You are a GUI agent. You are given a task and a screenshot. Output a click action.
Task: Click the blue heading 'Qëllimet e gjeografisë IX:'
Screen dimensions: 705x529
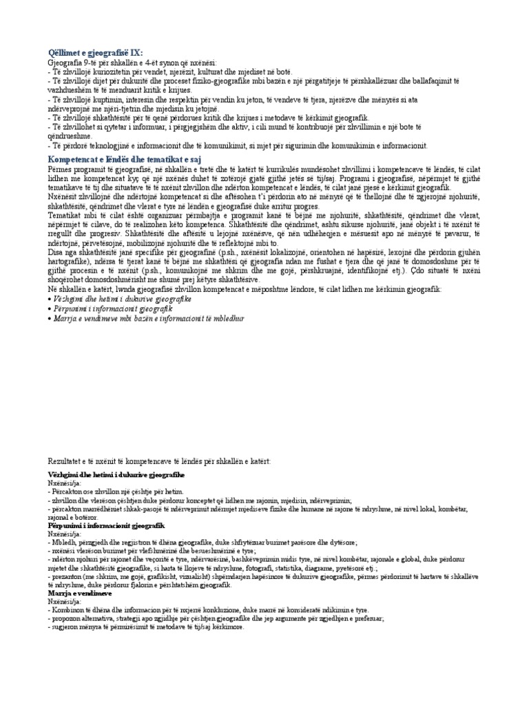coord(96,54)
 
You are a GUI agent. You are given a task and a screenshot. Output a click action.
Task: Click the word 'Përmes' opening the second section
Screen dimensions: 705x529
coord(60,169)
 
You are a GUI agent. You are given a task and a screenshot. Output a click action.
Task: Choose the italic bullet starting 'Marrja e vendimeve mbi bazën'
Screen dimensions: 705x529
coord(148,319)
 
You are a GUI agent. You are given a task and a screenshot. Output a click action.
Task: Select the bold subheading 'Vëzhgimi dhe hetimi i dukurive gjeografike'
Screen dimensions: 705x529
coord(116,476)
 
